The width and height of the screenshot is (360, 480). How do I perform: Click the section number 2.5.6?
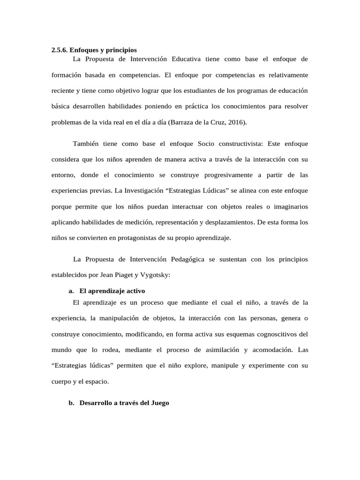click(60, 50)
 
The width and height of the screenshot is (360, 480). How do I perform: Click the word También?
click(87, 143)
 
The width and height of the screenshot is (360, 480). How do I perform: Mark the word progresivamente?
click(225, 175)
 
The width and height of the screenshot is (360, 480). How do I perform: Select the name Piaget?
click(126, 275)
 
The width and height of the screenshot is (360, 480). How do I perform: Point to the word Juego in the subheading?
click(159, 403)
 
